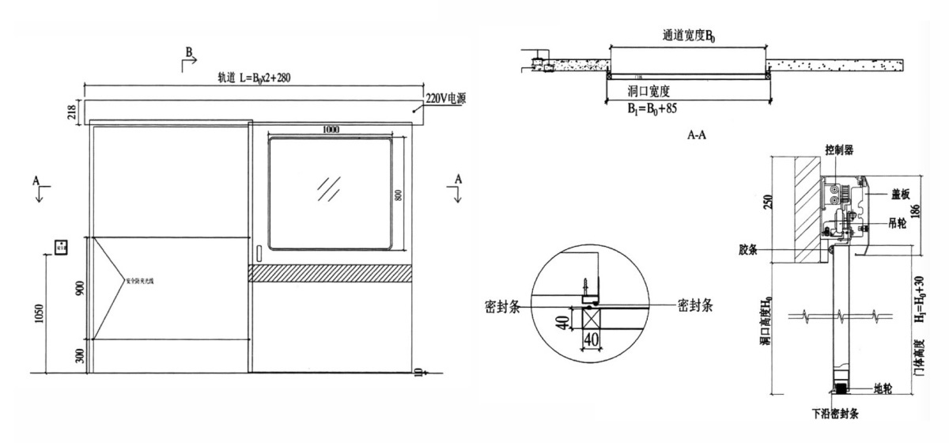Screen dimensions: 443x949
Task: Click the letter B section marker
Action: [x=189, y=51]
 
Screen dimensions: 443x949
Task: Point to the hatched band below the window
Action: [x=330, y=272]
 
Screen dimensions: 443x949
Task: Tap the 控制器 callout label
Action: [x=839, y=150]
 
